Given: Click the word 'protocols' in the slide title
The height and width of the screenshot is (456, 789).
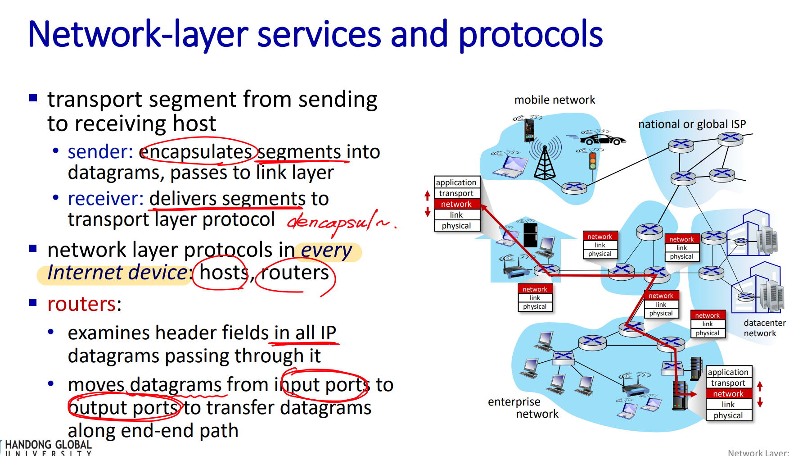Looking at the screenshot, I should [530, 35].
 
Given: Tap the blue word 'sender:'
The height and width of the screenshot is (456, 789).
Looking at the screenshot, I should [100, 152].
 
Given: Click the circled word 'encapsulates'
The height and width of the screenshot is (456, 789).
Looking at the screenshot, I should [196, 152].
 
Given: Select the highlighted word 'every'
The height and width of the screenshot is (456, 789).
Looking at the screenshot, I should [326, 251].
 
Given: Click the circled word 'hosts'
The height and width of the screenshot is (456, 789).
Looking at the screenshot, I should [223, 273].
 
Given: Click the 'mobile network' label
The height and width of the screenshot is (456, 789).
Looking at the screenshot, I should [555, 100].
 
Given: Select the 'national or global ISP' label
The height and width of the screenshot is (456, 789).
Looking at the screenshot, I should [692, 124].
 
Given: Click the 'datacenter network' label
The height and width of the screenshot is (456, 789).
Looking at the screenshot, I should [764, 328].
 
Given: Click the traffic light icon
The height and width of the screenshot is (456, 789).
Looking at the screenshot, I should [593, 160].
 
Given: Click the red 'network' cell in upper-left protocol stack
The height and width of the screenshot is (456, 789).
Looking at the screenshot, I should [456, 204].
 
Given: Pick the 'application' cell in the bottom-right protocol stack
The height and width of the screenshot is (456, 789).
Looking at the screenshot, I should [728, 372].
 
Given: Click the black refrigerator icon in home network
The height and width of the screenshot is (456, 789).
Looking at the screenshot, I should [530, 234].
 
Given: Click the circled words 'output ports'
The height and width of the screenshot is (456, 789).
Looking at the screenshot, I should [124, 408].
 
